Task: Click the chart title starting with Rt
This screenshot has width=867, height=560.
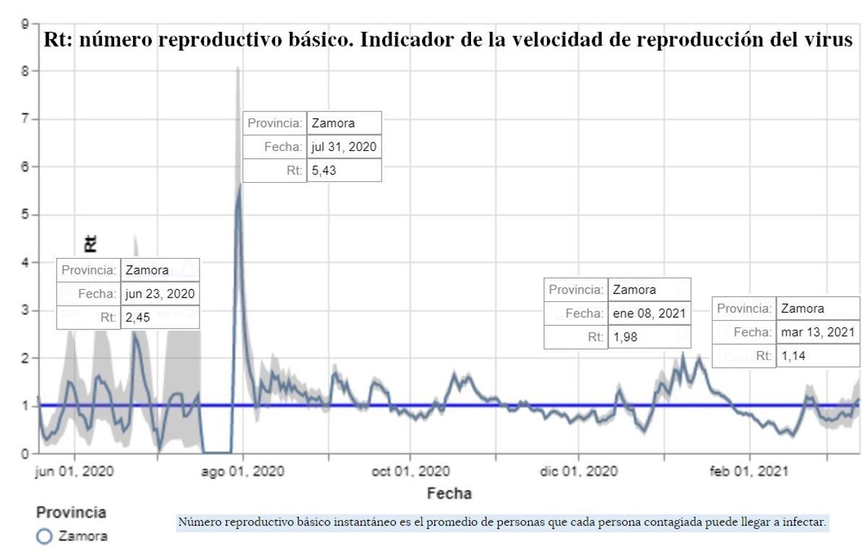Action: pyautogui.click(x=448, y=39)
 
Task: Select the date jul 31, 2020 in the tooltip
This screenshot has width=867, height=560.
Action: pyautogui.click(x=343, y=147)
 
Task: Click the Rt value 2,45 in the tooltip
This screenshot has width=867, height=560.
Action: pyautogui.click(x=137, y=317)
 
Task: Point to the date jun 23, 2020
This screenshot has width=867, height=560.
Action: pyautogui.click(x=159, y=294)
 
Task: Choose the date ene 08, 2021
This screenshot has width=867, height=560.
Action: pyautogui.click(x=648, y=314)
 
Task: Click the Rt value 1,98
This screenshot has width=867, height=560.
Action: pyautogui.click(x=625, y=337)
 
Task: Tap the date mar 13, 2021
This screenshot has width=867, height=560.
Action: pyautogui.click(x=818, y=332)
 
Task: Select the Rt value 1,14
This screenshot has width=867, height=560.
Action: pyautogui.click(x=793, y=356)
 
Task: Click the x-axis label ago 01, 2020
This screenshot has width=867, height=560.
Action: pyautogui.click(x=243, y=472)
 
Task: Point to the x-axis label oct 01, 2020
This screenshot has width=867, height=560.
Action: pyautogui.click(x=410, y=472)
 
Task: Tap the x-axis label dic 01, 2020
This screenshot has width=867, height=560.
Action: pyautogui.click(x=578, y=472)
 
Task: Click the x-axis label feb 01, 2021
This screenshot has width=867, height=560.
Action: pyautogui.click(x=749, y=472)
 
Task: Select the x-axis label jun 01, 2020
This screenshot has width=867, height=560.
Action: pyautogui.click(x=74, y=472)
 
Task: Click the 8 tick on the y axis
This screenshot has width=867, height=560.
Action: pyautogui.click(x=25, y=72)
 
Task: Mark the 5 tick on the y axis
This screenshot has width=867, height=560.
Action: pyautogui.click(x=25, y=215)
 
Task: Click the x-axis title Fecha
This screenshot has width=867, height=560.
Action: pyautogui.click(x=449, y=494)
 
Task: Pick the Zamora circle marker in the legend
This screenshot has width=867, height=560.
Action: pyautogui.click(x=44, y=536)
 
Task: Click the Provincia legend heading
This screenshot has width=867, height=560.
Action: pyautogui.click(x=71, y=512)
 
